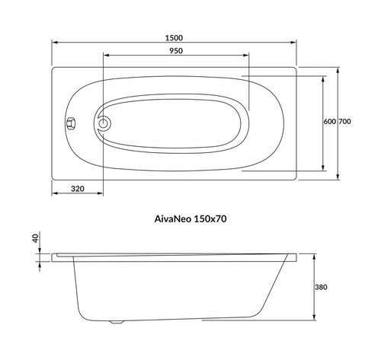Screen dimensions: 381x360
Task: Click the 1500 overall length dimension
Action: click(x=174, y=38)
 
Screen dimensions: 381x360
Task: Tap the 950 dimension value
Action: click(x=176, y=51)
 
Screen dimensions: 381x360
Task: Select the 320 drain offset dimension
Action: click(x=78, y=189)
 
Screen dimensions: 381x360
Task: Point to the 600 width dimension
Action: click(x=330, y=122)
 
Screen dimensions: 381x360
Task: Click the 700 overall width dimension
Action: click(x=344, y=122)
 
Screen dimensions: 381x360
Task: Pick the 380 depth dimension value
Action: click(x=321, y=287)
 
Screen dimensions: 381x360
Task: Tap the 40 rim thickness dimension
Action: click(x=35, y=238)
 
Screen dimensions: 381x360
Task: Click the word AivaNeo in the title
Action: click(x=173, y=218)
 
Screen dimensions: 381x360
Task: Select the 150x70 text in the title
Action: click(x=210, y=218)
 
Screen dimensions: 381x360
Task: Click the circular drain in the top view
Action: click(x=103, y=124)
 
